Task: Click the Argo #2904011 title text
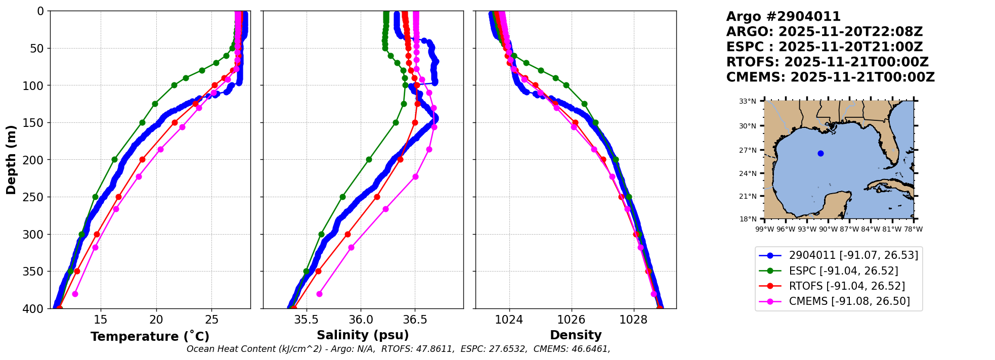[783, 17]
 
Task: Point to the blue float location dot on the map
[820, 153]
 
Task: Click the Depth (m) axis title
[11, 159]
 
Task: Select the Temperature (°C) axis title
[150, 337]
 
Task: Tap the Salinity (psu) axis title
[363, 335]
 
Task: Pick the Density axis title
[576, 335]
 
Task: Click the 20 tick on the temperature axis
[156, 320]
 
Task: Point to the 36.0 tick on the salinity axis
[361, 320]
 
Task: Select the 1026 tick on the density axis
[571, 320]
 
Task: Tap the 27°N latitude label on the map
[748, 150]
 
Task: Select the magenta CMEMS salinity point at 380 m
[319, 294]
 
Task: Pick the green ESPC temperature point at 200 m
[114, 159]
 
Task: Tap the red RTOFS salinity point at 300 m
[348, 234]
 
